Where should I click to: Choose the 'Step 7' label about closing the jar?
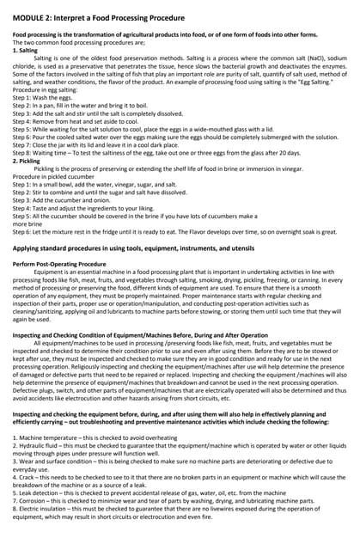tap(23, 144)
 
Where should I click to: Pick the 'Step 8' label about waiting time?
tap(23, 152)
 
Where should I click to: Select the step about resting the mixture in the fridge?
tap(172, 231)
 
